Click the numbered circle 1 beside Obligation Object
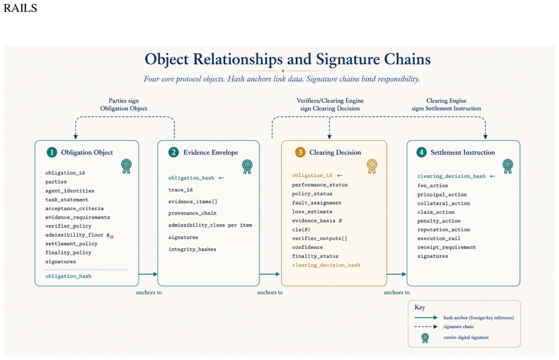52,152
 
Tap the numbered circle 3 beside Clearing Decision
300,152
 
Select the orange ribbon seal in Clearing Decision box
372,166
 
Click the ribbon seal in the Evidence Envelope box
247,166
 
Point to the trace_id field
180,190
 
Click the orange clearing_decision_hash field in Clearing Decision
326,265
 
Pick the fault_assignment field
317,202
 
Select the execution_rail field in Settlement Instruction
439,238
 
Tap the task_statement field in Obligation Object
67,200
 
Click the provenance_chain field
192,213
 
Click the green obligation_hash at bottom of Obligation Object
68,276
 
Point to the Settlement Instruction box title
462,152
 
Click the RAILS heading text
20,8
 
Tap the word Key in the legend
420,307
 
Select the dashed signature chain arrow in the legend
426,326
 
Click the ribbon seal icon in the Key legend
425,338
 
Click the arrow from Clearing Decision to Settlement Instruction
396,274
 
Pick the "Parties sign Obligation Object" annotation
123,104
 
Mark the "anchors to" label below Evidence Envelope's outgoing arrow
270,292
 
